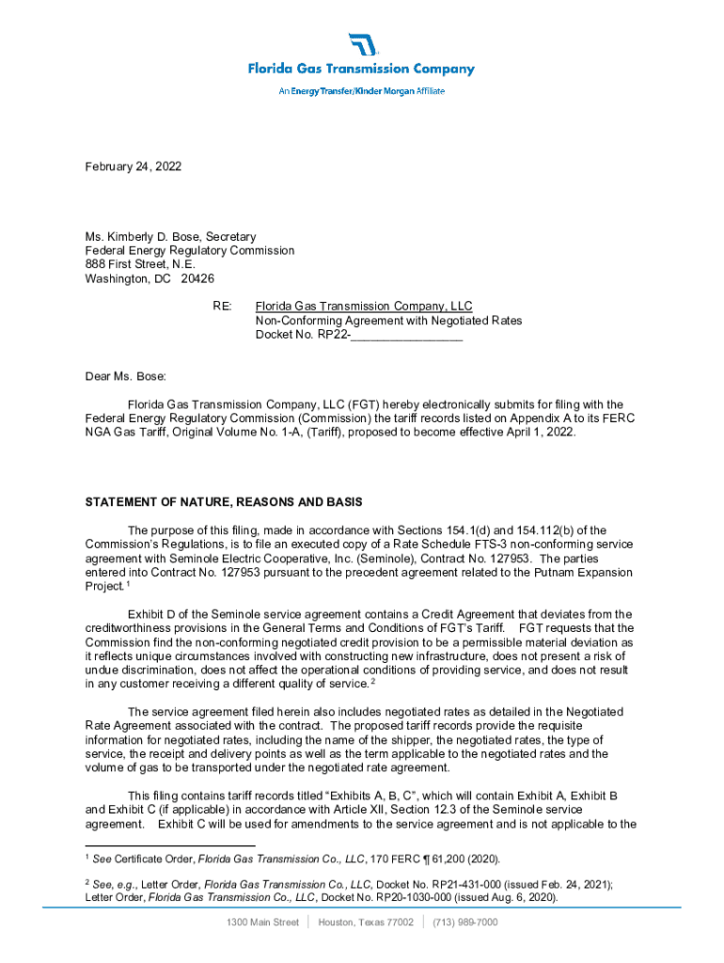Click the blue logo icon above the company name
point(362,45)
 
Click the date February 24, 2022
point(133,166)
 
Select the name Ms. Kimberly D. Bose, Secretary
point(170,237)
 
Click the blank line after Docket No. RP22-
point(406,335)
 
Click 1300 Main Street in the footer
point(262,923)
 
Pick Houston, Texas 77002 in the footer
point(366,923)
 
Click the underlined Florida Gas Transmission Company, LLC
point(364,307)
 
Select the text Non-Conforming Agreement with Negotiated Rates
point(388,321)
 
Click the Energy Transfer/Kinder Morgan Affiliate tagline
point(362,91)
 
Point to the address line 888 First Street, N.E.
point(140,265)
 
